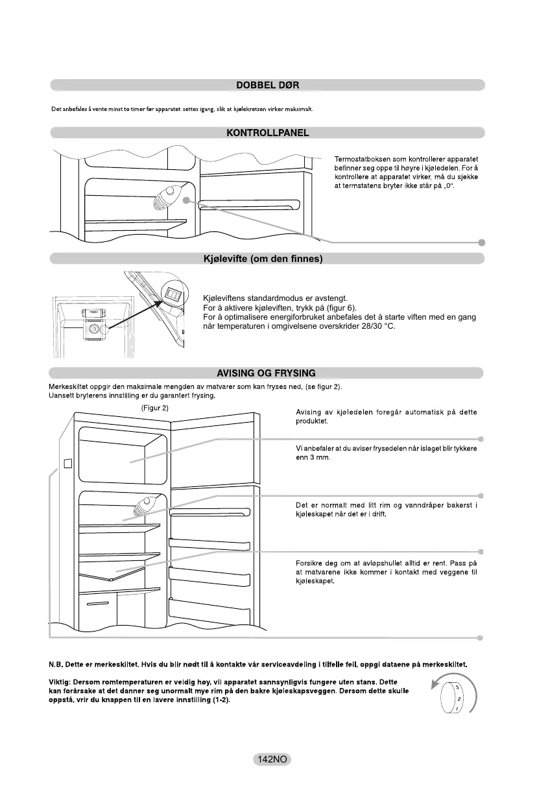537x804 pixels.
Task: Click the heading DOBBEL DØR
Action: [x=268, y=85]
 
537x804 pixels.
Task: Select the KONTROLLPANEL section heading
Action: [x=268, y=134]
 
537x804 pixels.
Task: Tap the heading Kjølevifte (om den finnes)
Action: [x=268, y=259]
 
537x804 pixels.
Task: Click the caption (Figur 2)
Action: [x=155, y=408]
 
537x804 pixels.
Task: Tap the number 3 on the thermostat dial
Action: [x=457, y=687]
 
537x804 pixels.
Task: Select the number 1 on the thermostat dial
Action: [x=457, y=709]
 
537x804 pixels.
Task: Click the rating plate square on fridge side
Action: [x=66, y=464]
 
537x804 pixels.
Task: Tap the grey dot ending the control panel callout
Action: [x=481, y=242]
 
